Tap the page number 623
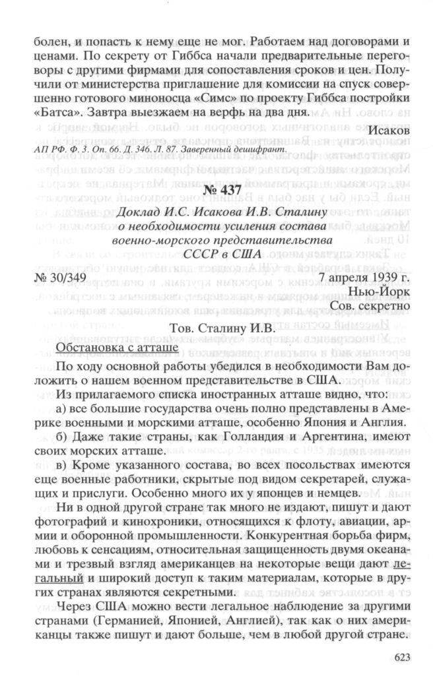[x=401, y=656]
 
